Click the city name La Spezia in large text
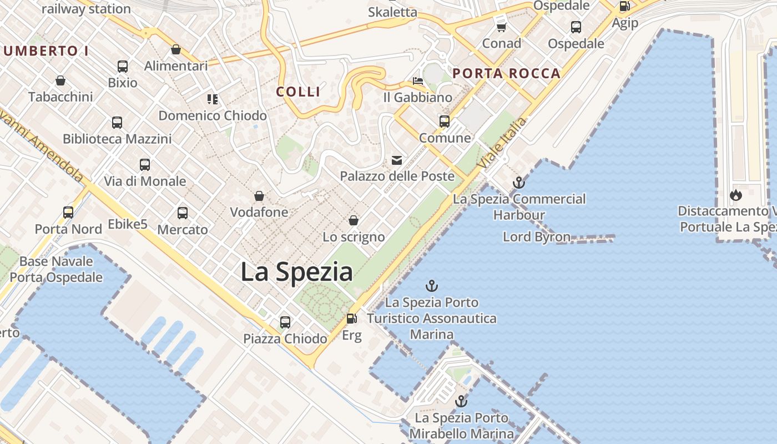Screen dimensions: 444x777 pos(296,272)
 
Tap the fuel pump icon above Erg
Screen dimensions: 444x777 pos(351,319)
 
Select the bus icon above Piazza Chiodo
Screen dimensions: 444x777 pos(285,322)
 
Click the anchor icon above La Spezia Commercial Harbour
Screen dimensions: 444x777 pos(518,182)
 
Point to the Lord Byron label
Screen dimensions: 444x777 pos(536,237)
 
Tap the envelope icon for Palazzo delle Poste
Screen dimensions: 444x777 pos(397,160)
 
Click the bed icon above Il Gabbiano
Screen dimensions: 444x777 pos(418,81)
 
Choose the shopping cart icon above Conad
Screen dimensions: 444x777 pos(501,27)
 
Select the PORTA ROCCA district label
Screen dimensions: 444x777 pos(506,73)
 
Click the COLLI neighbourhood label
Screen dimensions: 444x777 pos(299,92)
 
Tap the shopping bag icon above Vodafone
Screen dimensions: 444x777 pos(259,196)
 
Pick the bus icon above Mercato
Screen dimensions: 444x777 pos(183,213)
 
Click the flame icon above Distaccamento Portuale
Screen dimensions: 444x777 pos(736,195)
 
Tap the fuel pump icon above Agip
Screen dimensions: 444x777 pos(624,7)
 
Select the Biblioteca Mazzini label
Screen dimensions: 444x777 pos(117,139)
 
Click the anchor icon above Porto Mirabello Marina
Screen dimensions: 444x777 pos(461,401)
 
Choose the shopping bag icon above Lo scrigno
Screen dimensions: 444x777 pos(354,221)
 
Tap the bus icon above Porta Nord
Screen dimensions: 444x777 pos(68,212)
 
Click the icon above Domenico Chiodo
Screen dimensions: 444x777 pos(212,99)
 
